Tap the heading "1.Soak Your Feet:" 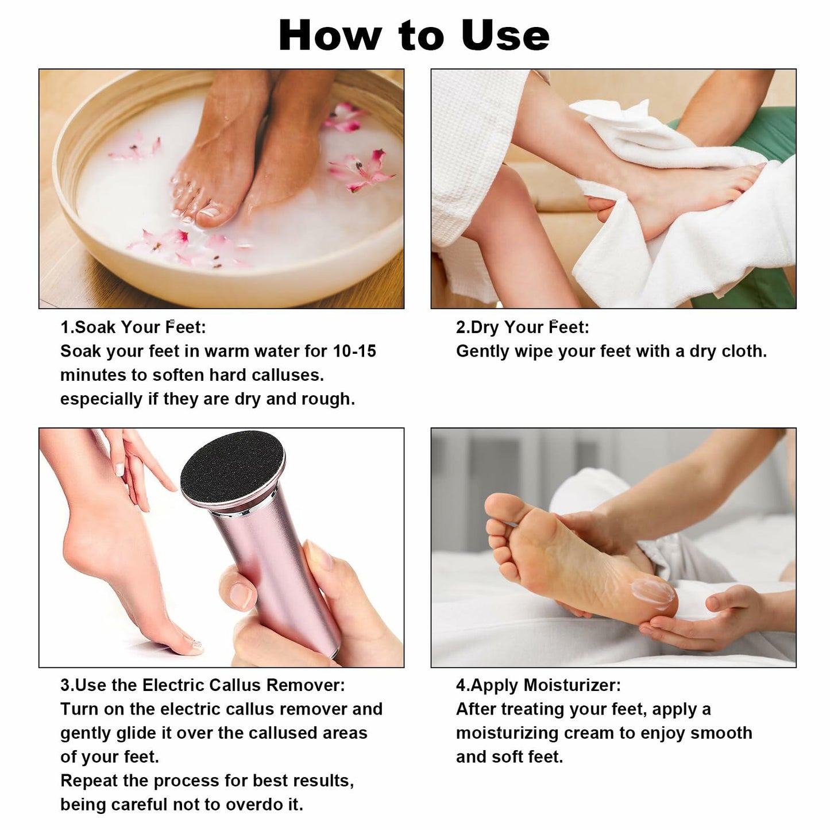[x=133, y=327]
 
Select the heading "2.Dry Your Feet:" [x=522, y=327]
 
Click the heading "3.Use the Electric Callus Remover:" [x=202, y=685]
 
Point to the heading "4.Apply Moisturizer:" [x=538, y=685]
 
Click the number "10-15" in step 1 [x=354, y=351]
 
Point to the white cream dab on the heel [x=653, y=593]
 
